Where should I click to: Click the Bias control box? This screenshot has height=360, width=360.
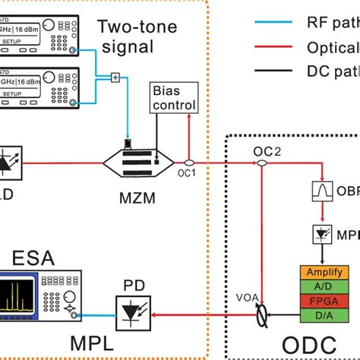pyautogui.click(x=174, y=99)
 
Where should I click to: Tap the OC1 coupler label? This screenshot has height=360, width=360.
pyautogui.click(x=188, y=173)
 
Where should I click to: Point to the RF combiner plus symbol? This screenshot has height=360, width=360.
pyautogui.click(x=115, y=76)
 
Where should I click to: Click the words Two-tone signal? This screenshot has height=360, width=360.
pyautogui.click(x=137, y=39)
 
